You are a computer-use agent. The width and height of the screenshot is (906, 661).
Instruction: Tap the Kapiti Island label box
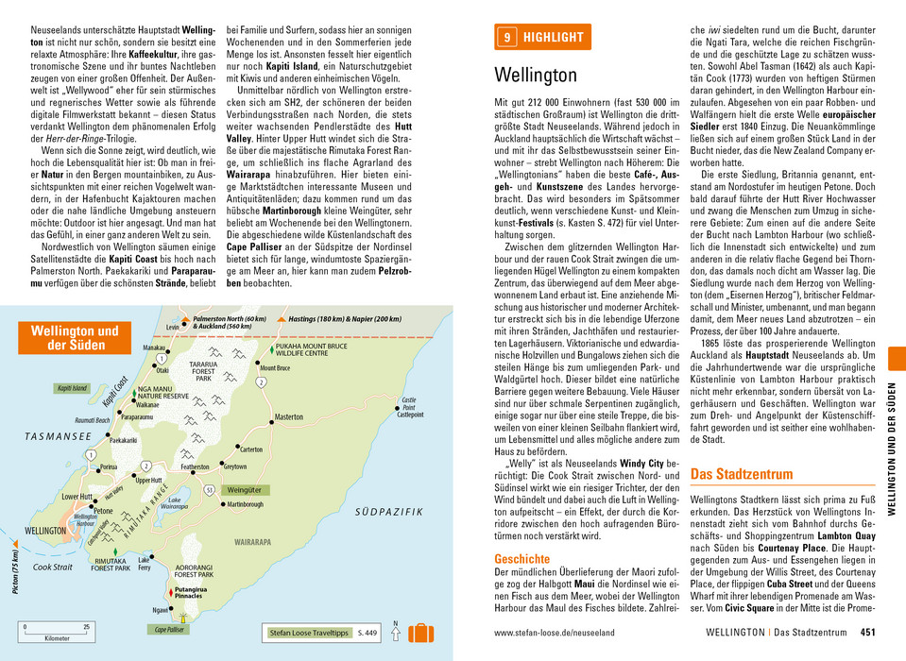point(72,388)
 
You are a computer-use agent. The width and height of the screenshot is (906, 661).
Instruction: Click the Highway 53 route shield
point(209,489)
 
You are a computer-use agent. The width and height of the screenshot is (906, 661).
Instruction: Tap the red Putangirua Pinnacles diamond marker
point(171,591)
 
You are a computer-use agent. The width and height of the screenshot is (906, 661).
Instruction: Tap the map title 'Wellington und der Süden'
point(76,337)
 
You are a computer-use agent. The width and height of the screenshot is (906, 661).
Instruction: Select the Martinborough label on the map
point(246,504)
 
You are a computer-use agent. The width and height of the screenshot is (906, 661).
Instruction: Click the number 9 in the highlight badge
point(507,38)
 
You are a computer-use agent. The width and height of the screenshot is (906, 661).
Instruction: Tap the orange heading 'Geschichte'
point(521,559)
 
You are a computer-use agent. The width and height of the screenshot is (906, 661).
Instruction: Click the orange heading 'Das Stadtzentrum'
point(741,473)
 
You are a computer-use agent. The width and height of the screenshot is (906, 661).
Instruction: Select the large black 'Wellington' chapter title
point(536,75)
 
